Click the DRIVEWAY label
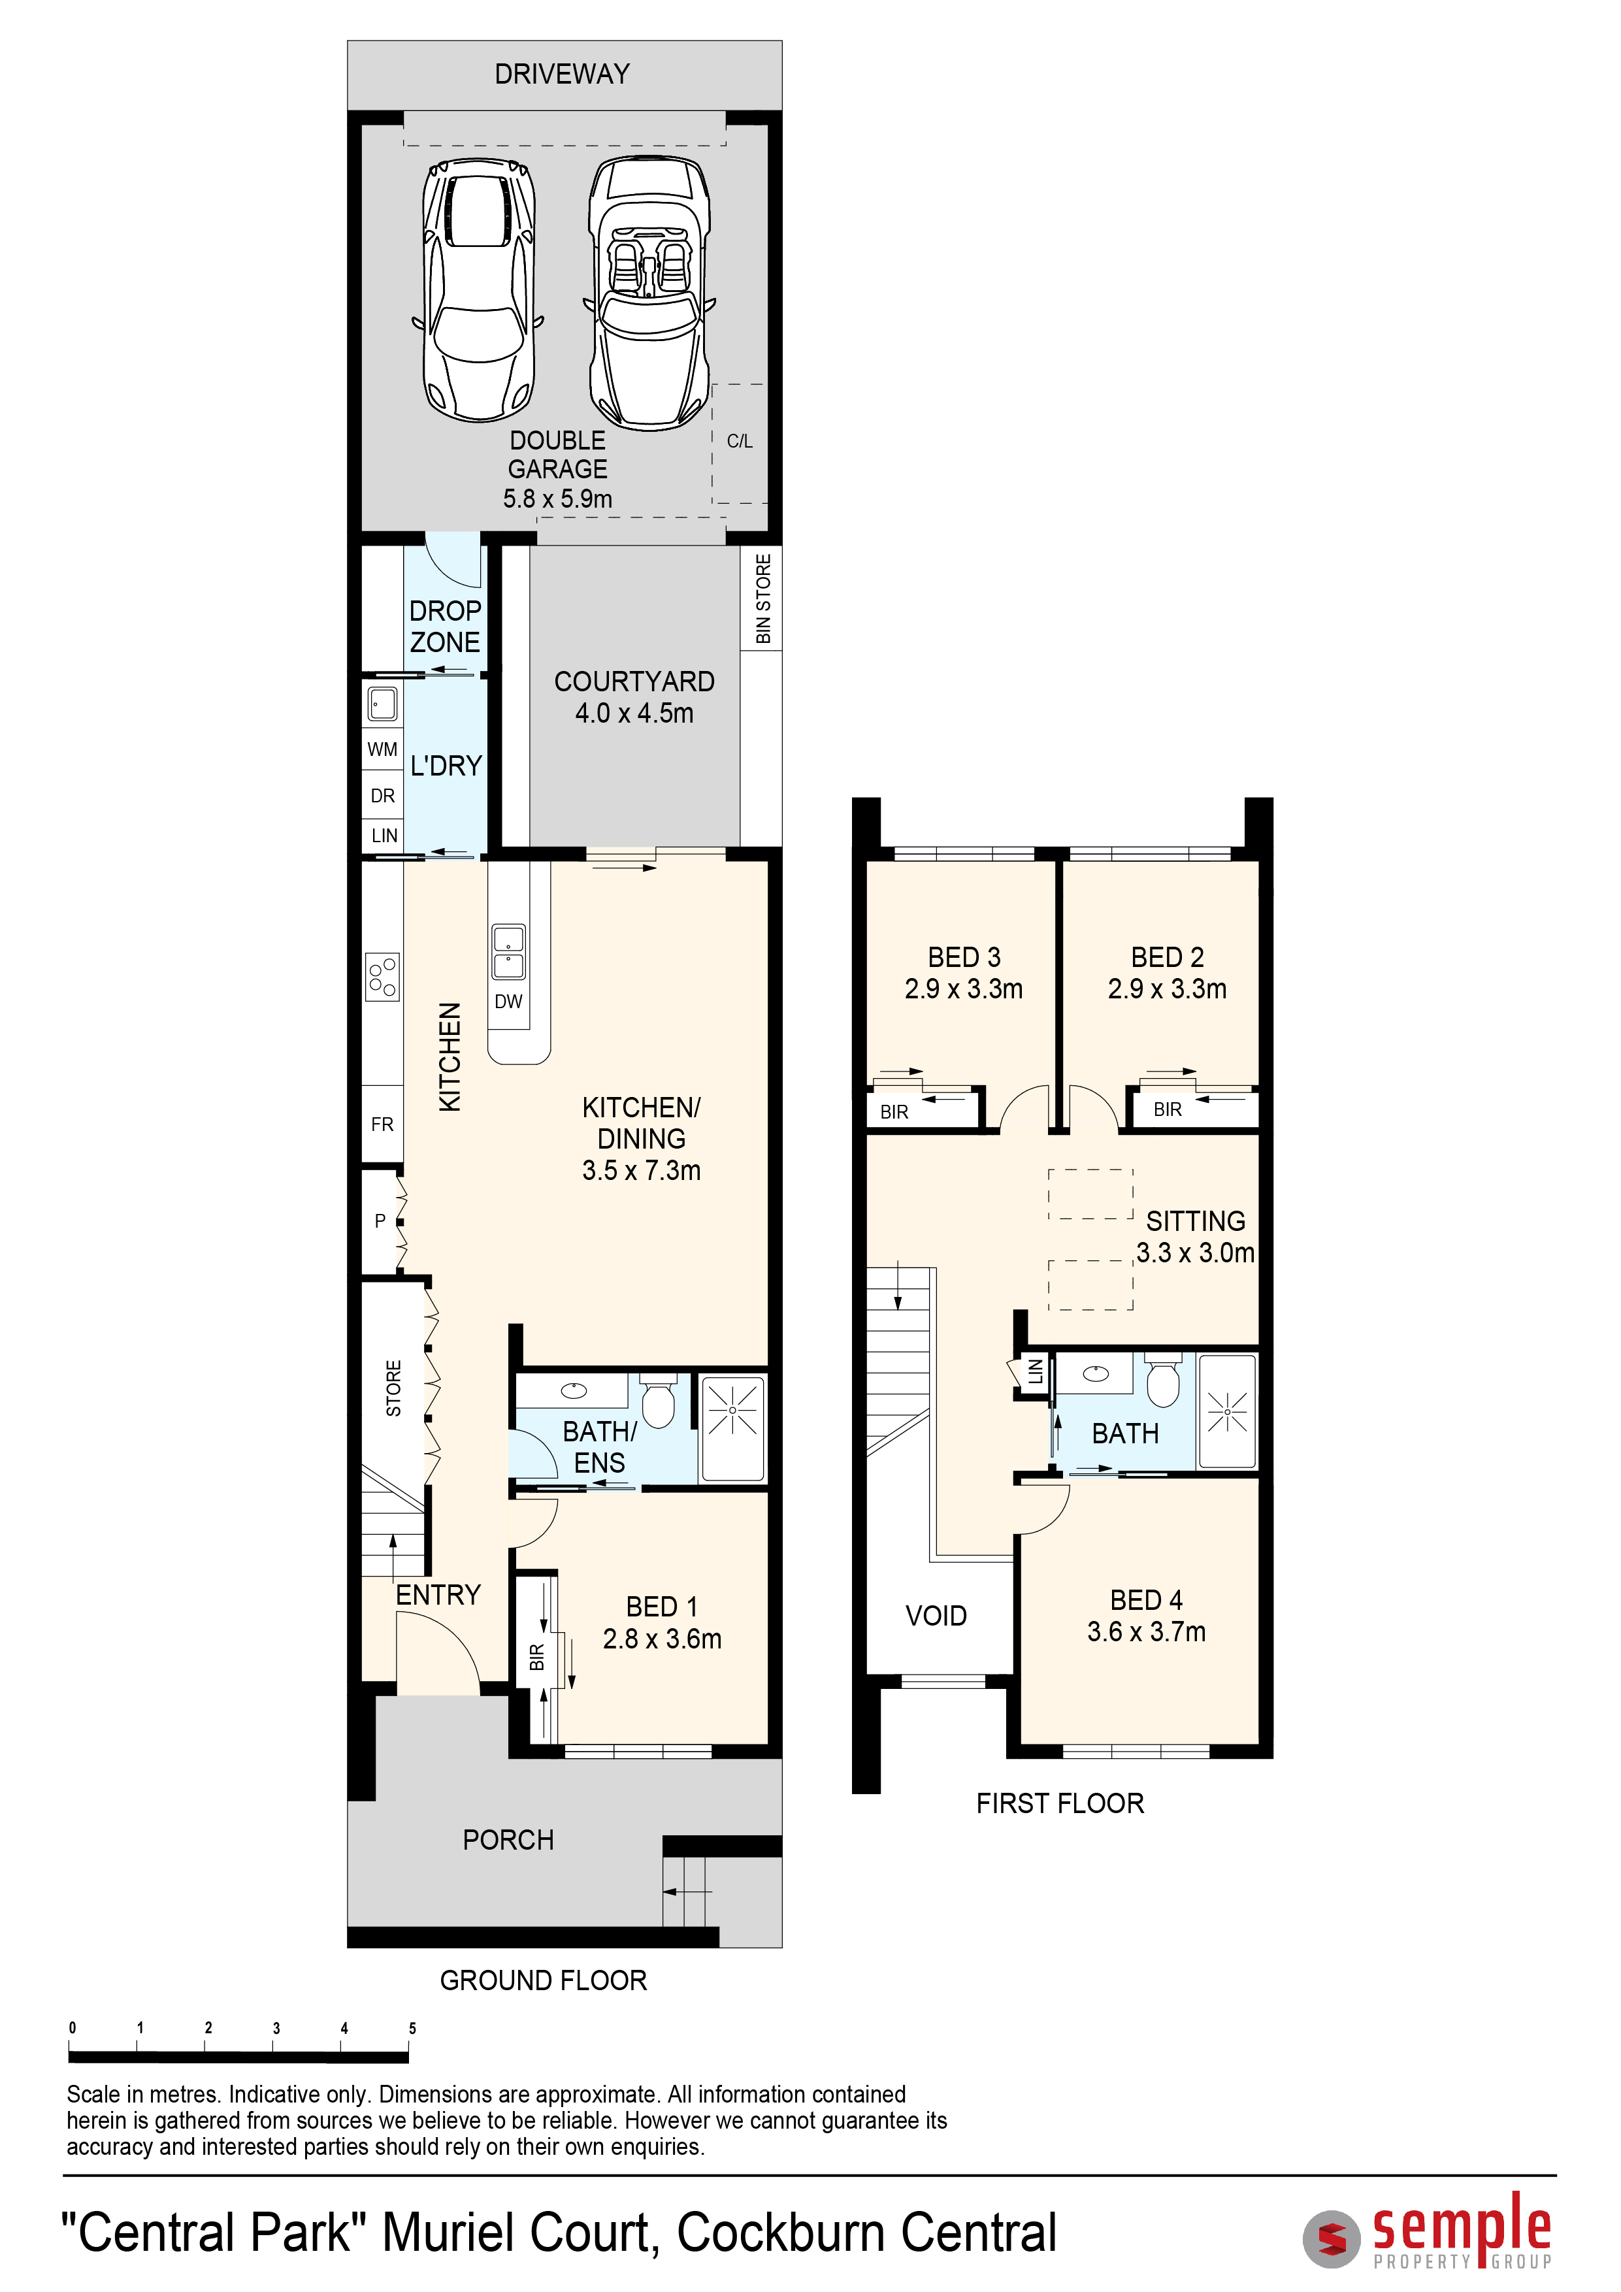pyautogui.click(x=562, y=74)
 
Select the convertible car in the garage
pyautogui.click(x=650, y=293)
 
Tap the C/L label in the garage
pyautogui.click(x=740, y=441)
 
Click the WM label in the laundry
pyautogui.click(x=382, y=749)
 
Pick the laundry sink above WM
pyautogui.click(x=382, y=704)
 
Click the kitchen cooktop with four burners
pyautogui.click(x=382, y=976)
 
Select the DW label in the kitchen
pyautogui.click(x=508, y=1001)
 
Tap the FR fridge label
pyautogui.click(x=382, y=1124)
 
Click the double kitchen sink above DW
pyautogui.click(x=508, y=951)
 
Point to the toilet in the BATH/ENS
pyautogui.click(x=658, y=1400)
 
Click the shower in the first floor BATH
pyautogui.click(x=1227, y=1411)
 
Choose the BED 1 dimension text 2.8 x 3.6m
pyautogui.click(x=662, y=1639)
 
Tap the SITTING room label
pyautogui.click(x=1196, y=1222)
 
